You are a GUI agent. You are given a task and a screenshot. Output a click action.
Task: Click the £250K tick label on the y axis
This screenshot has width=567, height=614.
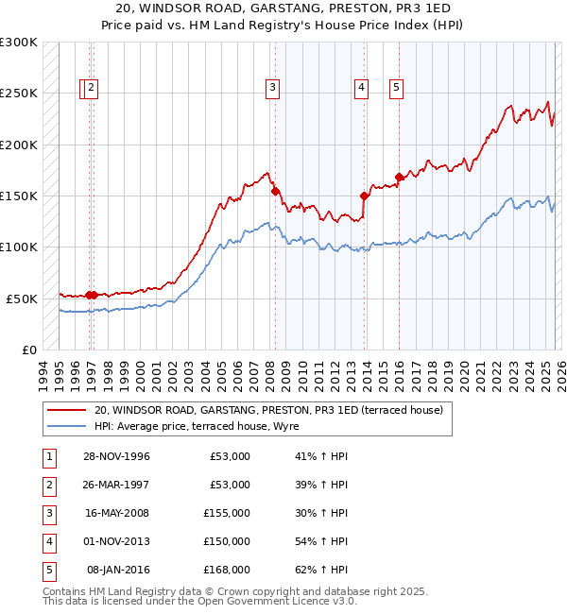point(19,94)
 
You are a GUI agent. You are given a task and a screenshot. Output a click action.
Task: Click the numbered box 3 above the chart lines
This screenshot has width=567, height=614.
point(272,88)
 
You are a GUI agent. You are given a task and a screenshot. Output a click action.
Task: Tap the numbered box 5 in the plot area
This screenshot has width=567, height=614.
point(395,88)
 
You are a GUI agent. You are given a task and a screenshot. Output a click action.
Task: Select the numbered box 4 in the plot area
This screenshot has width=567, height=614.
point(361,88)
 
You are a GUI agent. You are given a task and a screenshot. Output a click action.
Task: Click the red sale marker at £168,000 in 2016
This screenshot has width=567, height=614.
point(399,177)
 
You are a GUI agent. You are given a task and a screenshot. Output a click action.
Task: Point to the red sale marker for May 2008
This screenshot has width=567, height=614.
point(275,191)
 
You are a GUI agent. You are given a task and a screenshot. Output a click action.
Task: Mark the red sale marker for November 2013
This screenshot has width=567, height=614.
point(364,196)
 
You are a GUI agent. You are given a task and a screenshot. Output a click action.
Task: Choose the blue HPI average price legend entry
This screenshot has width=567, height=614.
point(197,427)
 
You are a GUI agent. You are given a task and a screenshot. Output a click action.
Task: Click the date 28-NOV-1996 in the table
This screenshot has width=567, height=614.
point(116,456)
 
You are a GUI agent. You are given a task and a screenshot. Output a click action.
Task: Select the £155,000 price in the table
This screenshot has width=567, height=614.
point(227,513)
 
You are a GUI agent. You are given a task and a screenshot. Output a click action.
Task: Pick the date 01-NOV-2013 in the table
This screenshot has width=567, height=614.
point(116,541)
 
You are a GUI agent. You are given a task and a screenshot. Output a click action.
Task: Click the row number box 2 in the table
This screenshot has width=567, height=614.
point(47,485)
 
